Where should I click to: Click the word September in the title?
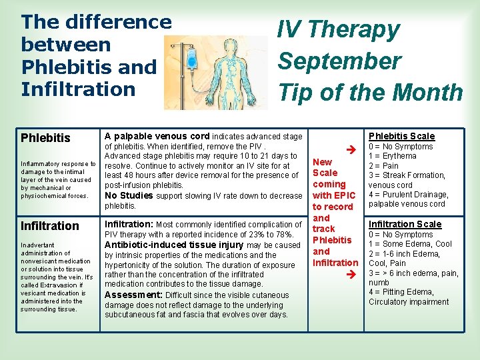point(339,61)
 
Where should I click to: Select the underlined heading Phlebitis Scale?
point(401,136)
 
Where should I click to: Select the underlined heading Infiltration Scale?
point(405,224)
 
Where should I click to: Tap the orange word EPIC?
point(344,195)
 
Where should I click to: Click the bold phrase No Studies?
point(128,195)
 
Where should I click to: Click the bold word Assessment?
point(133,295)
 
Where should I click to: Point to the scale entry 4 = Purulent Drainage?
point(407,195)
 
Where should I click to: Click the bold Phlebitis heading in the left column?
point(45,138)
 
